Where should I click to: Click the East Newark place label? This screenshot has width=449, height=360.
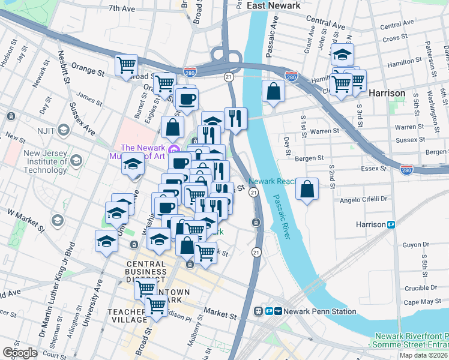pos(274,5)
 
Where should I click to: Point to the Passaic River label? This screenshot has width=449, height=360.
pos(282,217)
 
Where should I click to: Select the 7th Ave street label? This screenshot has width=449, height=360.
pos(122,8)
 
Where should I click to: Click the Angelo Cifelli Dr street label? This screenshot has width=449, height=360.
pos(366,198)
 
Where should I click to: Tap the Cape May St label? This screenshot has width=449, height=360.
pos(418,302)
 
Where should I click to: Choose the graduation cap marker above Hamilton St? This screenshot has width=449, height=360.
pos(342,54)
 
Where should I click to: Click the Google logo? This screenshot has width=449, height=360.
pos(20,353)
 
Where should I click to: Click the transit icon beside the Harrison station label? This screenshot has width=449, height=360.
pos(391,224)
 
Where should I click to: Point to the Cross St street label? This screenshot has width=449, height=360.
pos(395,38)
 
